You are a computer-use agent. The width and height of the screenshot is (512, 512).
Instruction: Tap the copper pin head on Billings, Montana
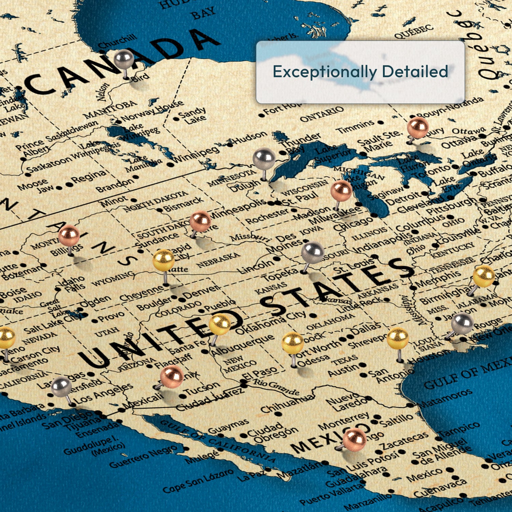(x=69, y=235)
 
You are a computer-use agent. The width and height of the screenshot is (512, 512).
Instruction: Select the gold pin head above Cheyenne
(x=163, y=260)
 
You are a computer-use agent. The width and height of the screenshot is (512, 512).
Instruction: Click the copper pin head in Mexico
(x=355, y=439)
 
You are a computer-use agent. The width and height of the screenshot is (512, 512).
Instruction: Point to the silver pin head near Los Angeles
(x=61, y=387)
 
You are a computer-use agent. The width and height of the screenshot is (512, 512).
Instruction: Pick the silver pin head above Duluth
(x=264, y=159)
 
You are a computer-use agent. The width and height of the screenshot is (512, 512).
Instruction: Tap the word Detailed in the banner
(x=415, y=72)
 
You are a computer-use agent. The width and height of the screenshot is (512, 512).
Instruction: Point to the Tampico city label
(x=460, y=430)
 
